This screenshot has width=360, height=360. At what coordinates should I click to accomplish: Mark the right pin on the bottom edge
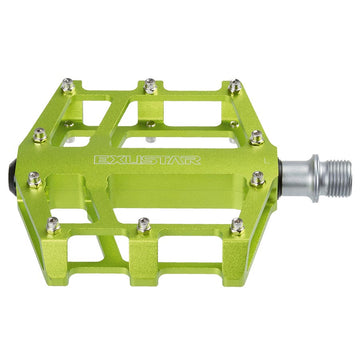237,227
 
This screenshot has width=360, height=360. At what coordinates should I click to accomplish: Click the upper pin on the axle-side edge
257,137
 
